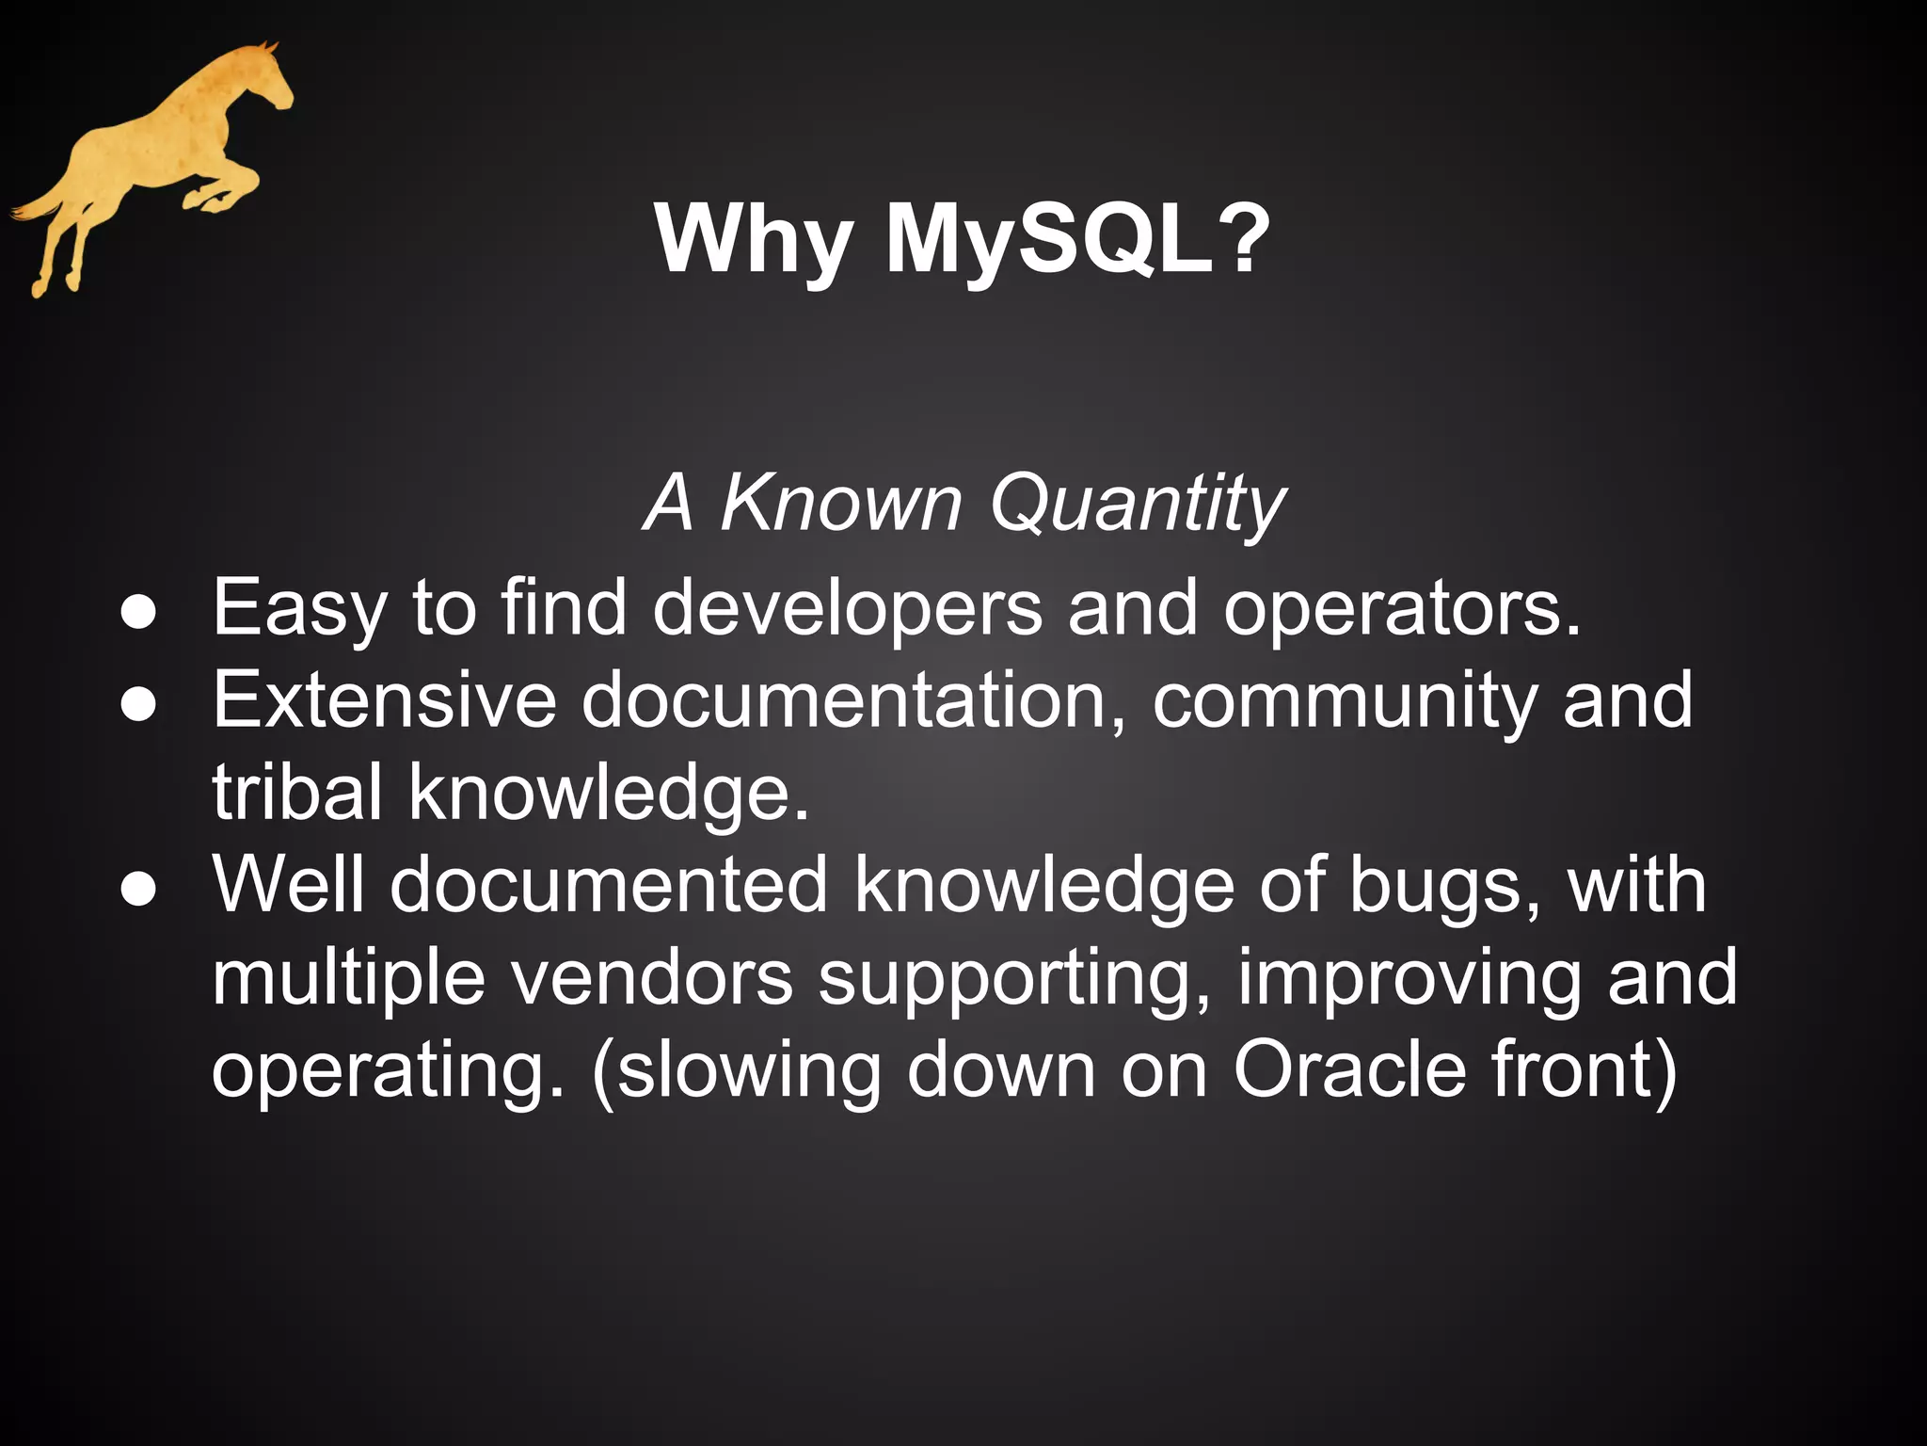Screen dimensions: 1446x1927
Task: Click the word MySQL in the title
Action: coord(1048,242)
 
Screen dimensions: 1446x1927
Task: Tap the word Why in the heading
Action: coord(754,242)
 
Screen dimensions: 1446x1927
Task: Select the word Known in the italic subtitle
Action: coord(840,504)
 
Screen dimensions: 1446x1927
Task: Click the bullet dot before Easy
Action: coord(138,613)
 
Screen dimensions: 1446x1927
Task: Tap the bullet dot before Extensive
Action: coord(138,705)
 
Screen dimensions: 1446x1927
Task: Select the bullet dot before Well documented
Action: coord(138,890)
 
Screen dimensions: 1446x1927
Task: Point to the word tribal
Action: coord(297,793)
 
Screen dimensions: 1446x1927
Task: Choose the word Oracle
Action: coord(1349,1070)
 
